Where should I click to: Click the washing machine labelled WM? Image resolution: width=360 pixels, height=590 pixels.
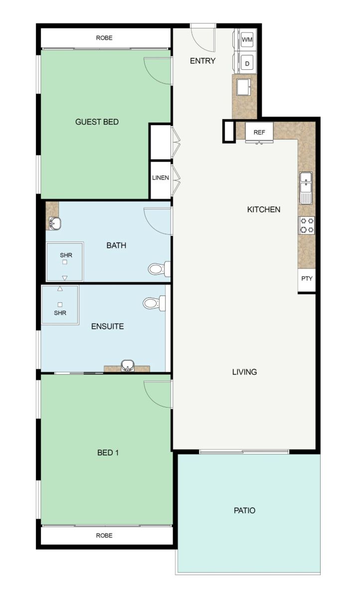click(247, 39)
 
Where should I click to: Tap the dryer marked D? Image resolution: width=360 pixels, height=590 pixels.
click(247, 63)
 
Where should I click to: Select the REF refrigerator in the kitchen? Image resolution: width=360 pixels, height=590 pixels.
click(259, 132)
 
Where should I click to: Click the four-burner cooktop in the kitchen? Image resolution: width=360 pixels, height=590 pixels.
click(307, 225)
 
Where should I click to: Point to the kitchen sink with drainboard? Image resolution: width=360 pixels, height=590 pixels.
click(306, 188)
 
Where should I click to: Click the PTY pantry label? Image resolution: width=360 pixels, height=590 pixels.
click(307, 279)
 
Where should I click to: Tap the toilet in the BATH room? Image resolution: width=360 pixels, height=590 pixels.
click(159, 269)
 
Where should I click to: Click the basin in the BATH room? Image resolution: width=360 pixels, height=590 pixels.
click(55, 224)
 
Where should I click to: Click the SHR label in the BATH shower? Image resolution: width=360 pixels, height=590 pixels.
click(66, 255)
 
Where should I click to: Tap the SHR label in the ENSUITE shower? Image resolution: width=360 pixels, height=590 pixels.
click(60, 312)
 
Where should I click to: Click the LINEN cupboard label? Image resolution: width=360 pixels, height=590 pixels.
click(161, 177)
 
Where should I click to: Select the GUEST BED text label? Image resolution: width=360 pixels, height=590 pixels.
click(97, 122)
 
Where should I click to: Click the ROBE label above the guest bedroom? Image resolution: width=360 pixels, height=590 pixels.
click(104, 38)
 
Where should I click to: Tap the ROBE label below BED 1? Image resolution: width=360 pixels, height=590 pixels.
click(104, 535)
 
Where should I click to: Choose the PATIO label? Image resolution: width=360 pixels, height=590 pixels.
click(244, 511)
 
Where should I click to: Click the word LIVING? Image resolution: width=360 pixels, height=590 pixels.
click(244, 372)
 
